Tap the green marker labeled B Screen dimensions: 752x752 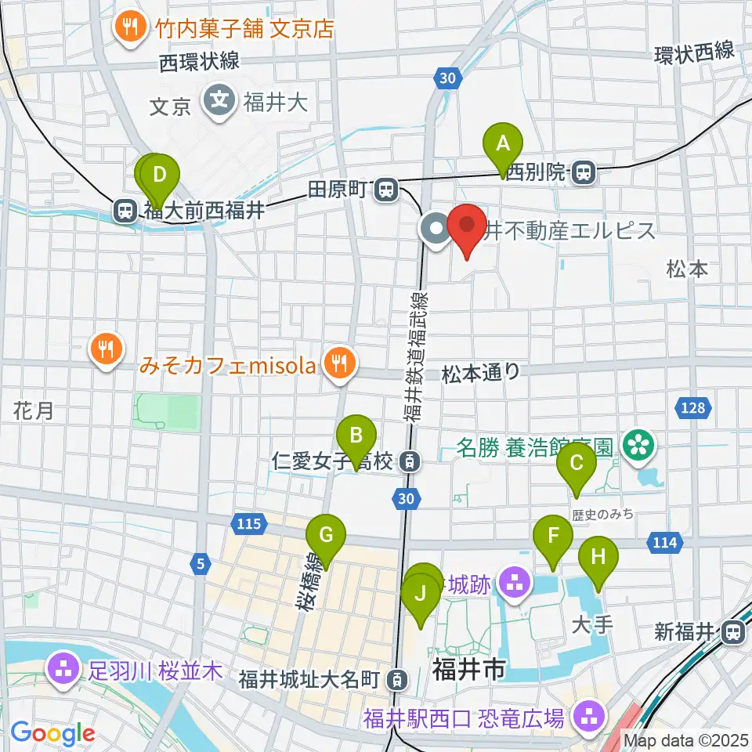click(x=356, y=436)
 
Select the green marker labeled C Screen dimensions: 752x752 click(x=576, y=465)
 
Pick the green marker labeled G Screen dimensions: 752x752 click(x=326, y=537)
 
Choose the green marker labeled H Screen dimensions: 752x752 click(x=598, y=558)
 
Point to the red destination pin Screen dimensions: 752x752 click(x=467, y=227)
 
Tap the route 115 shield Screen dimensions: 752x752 click(x=246, y=522)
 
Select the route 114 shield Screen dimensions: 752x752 click(x=663, y=541)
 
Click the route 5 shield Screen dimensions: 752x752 click(x=201, y=562)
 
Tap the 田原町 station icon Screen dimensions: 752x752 click(x=385, y=189)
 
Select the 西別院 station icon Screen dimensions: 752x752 click(x=582, y=172)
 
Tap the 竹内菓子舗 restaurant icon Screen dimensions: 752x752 click(x=126, y=28)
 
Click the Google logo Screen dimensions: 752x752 click(x=52, y=733)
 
